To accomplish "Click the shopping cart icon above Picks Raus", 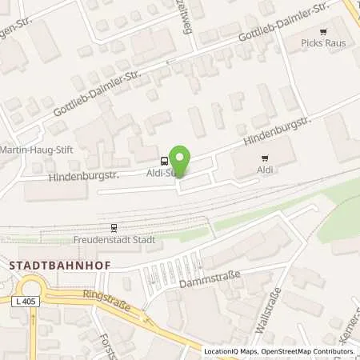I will click(x=324, y=33).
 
